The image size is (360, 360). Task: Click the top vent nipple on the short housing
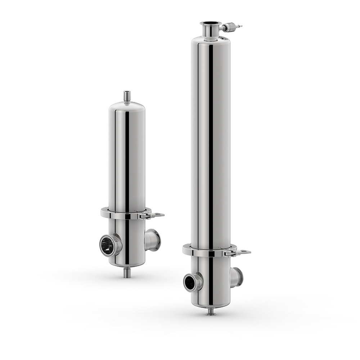(x=127, y=96)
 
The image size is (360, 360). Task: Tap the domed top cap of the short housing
(x=127, y=107)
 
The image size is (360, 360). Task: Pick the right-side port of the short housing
(x=153, y=240)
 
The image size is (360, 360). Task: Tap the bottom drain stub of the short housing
(x=127, y=273)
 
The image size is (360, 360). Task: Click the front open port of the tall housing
(x=191, y=282)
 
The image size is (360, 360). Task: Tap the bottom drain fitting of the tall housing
(x=211, y=312)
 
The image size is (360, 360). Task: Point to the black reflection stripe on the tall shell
(x=211, y=144)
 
